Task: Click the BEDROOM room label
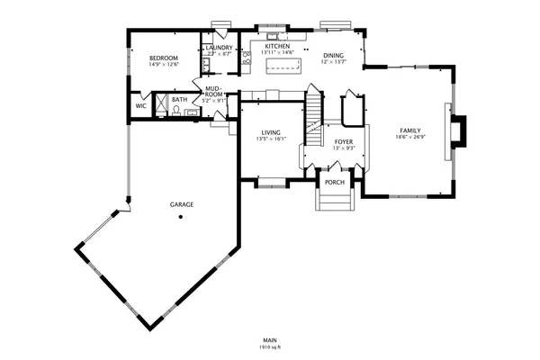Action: pos(164,57)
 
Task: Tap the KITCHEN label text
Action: pos(276,46)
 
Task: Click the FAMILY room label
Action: pos(409,131)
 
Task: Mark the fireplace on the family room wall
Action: pos(459,130)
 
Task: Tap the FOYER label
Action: pos(344,141)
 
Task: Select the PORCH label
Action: pos(335,182)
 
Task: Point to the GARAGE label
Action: pos(182,205)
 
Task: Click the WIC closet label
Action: pos(140,105)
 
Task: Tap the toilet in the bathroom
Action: pos(177,110)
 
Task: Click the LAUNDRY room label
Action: pos(220,48)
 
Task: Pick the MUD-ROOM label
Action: pos(213,91)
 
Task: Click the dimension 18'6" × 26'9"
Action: pos(409,138)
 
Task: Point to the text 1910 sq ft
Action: pos(269,346)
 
